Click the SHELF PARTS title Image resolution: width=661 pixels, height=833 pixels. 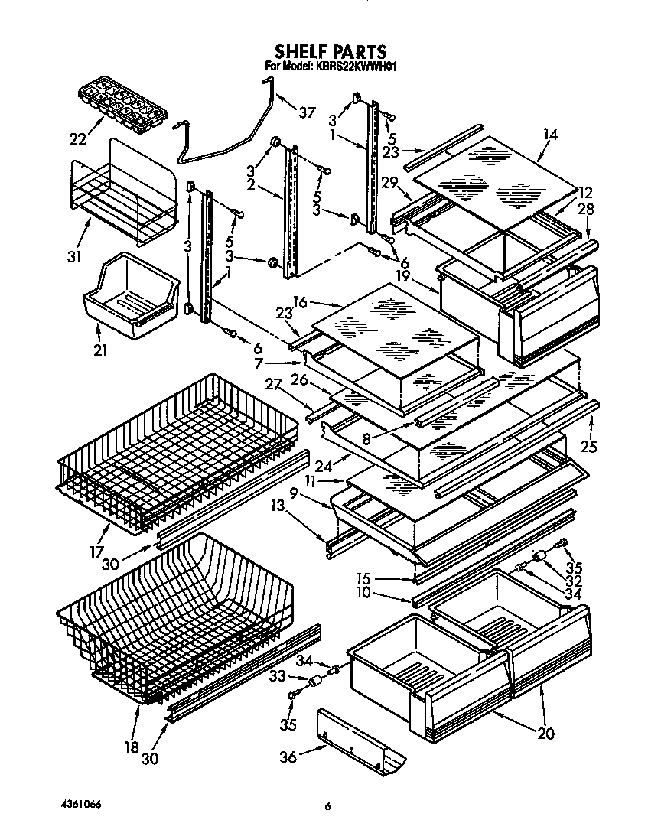pyautogui.click(x=330, y=52)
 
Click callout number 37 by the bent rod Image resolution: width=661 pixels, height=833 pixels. pyautogui.click(x=307, y=112)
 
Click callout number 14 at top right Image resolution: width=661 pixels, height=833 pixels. pyautogui.click(x=549, y=135)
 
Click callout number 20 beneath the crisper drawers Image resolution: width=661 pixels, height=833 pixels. pyautogui.click(x=545, y=733)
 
